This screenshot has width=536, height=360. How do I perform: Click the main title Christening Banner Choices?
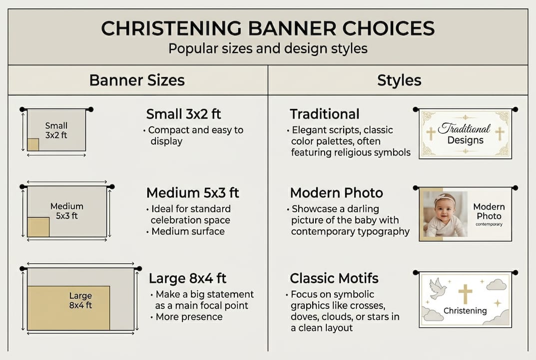268,29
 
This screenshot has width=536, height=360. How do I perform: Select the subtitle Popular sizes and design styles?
268,48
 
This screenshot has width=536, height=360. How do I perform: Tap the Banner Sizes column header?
136,80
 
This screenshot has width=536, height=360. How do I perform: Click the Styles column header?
399,80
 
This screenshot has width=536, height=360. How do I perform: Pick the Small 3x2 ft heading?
183,114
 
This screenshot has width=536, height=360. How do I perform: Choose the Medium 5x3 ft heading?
192,192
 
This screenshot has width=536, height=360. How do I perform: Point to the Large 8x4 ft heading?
190,278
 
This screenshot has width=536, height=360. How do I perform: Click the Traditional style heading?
324,114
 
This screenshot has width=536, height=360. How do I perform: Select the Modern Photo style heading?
336,192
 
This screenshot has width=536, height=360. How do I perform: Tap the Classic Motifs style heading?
334,278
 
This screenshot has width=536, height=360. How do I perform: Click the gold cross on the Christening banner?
465,293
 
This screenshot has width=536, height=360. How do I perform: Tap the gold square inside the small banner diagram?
33,144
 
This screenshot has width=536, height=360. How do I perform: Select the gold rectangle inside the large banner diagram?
68,307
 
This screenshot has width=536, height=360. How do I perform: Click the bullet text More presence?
189,316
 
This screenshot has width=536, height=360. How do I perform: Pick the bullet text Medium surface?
188,231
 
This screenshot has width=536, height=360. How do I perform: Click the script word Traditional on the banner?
465,128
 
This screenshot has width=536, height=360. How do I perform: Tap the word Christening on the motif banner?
465,310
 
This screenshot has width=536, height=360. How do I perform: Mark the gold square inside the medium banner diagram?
38,227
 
